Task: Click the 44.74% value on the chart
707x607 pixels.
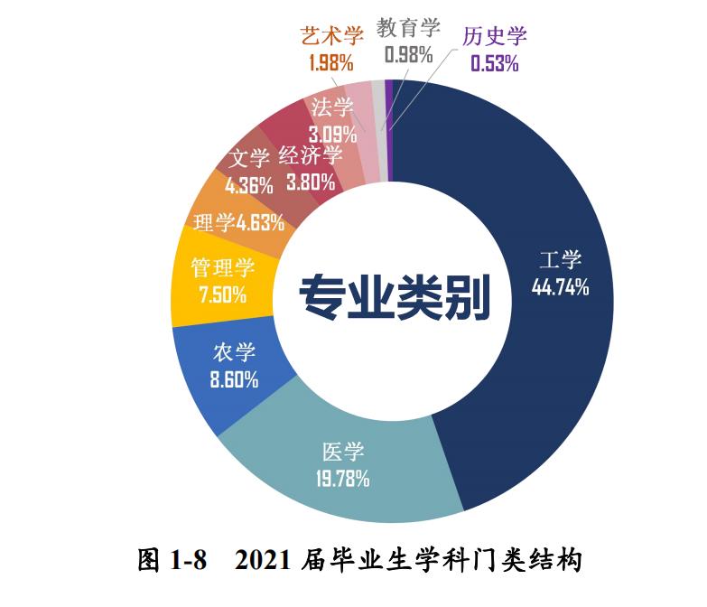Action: pos(560,288)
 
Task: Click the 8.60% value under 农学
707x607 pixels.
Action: pos(235,379)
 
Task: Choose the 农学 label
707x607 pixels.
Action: pos(235,353)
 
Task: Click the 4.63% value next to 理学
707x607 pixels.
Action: pos(260,221)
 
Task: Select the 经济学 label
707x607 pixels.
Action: pos(311,155)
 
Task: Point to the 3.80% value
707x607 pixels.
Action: pos(311,181)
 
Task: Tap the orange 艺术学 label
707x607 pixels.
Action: pos(331,36)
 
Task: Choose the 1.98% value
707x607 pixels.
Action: pos(331,63)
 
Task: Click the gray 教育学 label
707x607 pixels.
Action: pos(409,27)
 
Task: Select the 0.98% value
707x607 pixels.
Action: pos(408,54)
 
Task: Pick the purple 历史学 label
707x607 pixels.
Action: pos(495,36)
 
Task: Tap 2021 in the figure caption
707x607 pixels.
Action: pos(264,561)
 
